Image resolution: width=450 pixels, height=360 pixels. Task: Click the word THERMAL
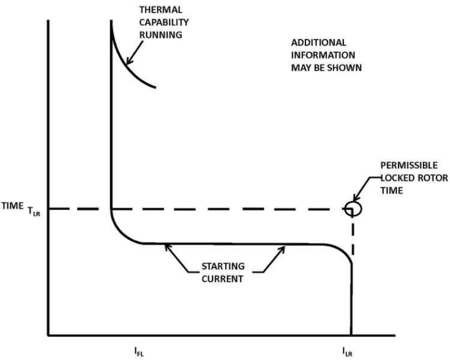click(x=161, y=10)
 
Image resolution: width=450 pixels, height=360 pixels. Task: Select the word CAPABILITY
click(x=164, y=22)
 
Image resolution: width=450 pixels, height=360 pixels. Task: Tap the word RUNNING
click(x=161, y=35)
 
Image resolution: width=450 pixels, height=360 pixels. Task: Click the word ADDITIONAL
click(x=319, y=43)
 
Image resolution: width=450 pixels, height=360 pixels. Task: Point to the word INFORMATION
click(x=323, y=55)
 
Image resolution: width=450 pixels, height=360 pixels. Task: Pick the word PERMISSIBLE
click(x=409, y=166)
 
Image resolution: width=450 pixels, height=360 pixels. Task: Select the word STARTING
click(x=223, y=266)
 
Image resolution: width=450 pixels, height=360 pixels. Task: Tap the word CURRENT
click(x=223, y=279)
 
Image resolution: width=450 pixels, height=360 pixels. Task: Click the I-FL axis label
click(x=139, y=352)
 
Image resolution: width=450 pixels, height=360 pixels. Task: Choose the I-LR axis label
click(x=347, y=352)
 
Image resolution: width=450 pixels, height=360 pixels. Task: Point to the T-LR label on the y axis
click(x=34, y=212)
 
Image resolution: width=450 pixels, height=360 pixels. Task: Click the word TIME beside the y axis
click(x=13, y=206)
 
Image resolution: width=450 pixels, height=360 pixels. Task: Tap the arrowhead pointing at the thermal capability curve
click(x=129, y=61)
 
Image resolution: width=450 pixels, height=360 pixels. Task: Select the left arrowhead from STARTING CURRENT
click(x=168, y=247)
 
